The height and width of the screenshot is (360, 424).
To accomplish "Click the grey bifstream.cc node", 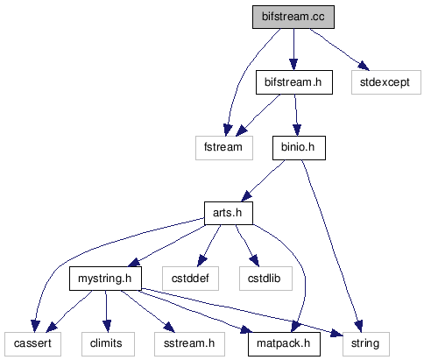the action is point(293,17).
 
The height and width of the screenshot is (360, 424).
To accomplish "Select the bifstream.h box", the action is point(294,82).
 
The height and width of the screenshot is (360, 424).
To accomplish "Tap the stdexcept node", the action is point(386,82).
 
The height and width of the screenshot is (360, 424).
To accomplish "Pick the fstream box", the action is point(224,148).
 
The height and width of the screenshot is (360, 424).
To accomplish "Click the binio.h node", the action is point(299,148).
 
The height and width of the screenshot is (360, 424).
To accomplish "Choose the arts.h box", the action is point(229,213).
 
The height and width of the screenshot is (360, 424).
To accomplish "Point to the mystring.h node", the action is point(105,279).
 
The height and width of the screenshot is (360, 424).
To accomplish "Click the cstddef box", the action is point(190,279).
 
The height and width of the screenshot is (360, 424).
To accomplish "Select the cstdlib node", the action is point(265,279).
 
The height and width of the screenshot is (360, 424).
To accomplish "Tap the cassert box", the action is point(32,344).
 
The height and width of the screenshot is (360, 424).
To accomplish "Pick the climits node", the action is point(108,344).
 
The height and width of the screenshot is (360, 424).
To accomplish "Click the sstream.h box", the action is point(189,344).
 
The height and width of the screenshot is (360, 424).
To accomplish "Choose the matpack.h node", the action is point(284,344).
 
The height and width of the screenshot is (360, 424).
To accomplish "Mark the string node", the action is point(366,344).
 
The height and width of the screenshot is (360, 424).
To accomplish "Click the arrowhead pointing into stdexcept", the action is point(364,66).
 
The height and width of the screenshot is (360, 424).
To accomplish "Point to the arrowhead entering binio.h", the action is point(297,131).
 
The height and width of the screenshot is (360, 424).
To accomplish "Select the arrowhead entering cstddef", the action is point(201,261).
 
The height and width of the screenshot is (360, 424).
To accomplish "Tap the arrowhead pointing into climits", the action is point(107,327).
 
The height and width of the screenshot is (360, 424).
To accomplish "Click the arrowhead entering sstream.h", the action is point(169,328).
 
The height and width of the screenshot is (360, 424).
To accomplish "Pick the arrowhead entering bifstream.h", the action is point(293,65).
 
